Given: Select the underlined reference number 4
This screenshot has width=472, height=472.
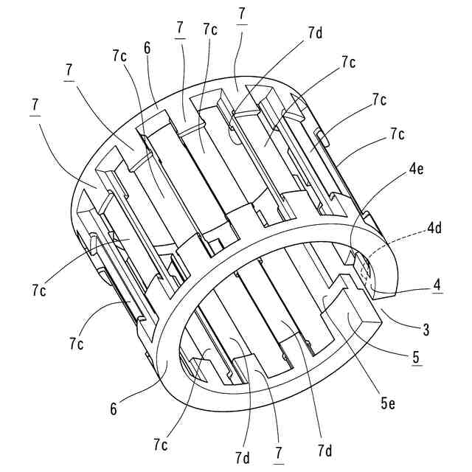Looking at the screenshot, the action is coord(437,285).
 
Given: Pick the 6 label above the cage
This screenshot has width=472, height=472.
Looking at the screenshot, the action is coord(148,46).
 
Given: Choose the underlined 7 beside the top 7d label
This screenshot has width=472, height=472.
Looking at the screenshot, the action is coord(243,15).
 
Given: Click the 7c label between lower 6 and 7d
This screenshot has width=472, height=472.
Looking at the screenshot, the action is coord(162,445).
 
